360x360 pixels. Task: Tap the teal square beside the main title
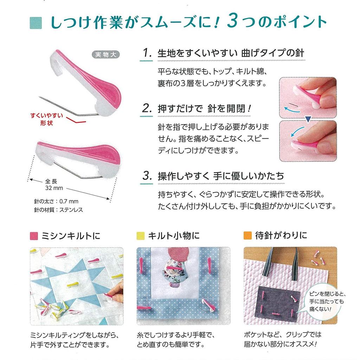36,23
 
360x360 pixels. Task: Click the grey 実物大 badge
105,54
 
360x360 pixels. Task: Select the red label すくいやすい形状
47,119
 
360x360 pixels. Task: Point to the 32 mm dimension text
54,188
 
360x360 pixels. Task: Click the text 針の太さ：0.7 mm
56,201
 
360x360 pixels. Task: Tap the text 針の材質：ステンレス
58,210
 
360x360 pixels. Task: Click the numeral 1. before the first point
147,53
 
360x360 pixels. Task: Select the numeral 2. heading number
147,108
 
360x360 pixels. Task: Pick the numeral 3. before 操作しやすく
147,176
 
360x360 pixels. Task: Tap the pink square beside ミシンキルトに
34,236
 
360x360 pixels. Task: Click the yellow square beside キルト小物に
141,236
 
